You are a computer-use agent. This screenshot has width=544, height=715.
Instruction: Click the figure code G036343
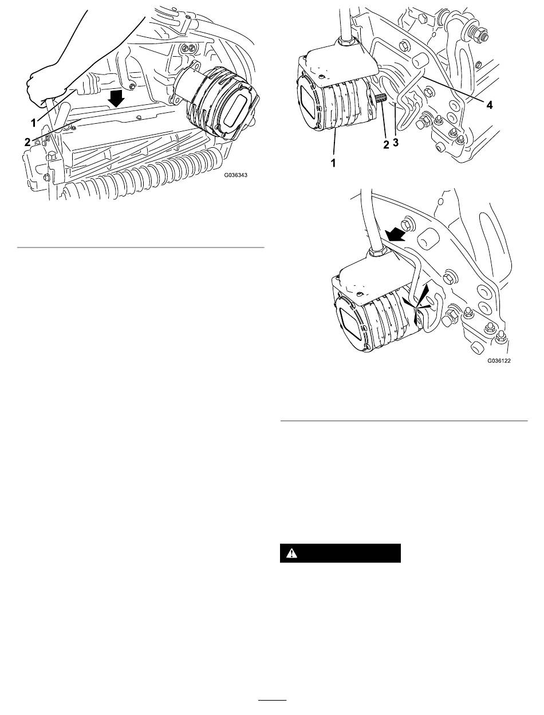(x=235, y=175)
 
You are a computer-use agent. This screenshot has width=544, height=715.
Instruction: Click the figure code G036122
(x=499, y=360)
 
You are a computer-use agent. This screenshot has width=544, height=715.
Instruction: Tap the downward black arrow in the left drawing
(x=116, y=98)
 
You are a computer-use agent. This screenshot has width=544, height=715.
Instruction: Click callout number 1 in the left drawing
(x=34, y=123)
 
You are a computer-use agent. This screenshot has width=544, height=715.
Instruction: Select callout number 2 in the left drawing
(x=27, y=142)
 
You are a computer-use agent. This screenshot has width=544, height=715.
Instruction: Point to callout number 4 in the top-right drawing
(x=489, y=105)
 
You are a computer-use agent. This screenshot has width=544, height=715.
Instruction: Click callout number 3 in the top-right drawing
(x=396, y=142)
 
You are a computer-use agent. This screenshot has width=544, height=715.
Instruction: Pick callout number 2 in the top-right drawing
(x=386, y=144)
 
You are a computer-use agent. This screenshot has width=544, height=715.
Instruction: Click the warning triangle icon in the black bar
(x=291, y=553)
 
